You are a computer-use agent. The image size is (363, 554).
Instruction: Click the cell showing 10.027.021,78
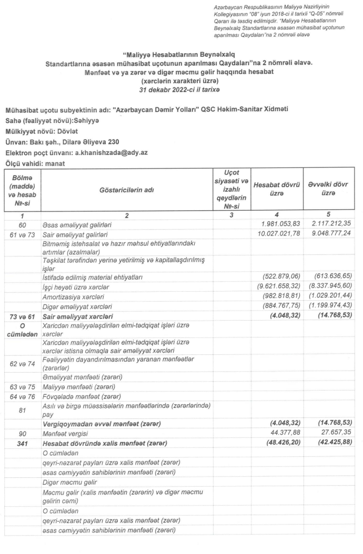(x=276, y=233)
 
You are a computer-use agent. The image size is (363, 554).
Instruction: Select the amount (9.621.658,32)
(x=277, y=286)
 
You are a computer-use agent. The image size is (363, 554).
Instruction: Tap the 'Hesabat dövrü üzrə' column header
(x=277, y=190)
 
